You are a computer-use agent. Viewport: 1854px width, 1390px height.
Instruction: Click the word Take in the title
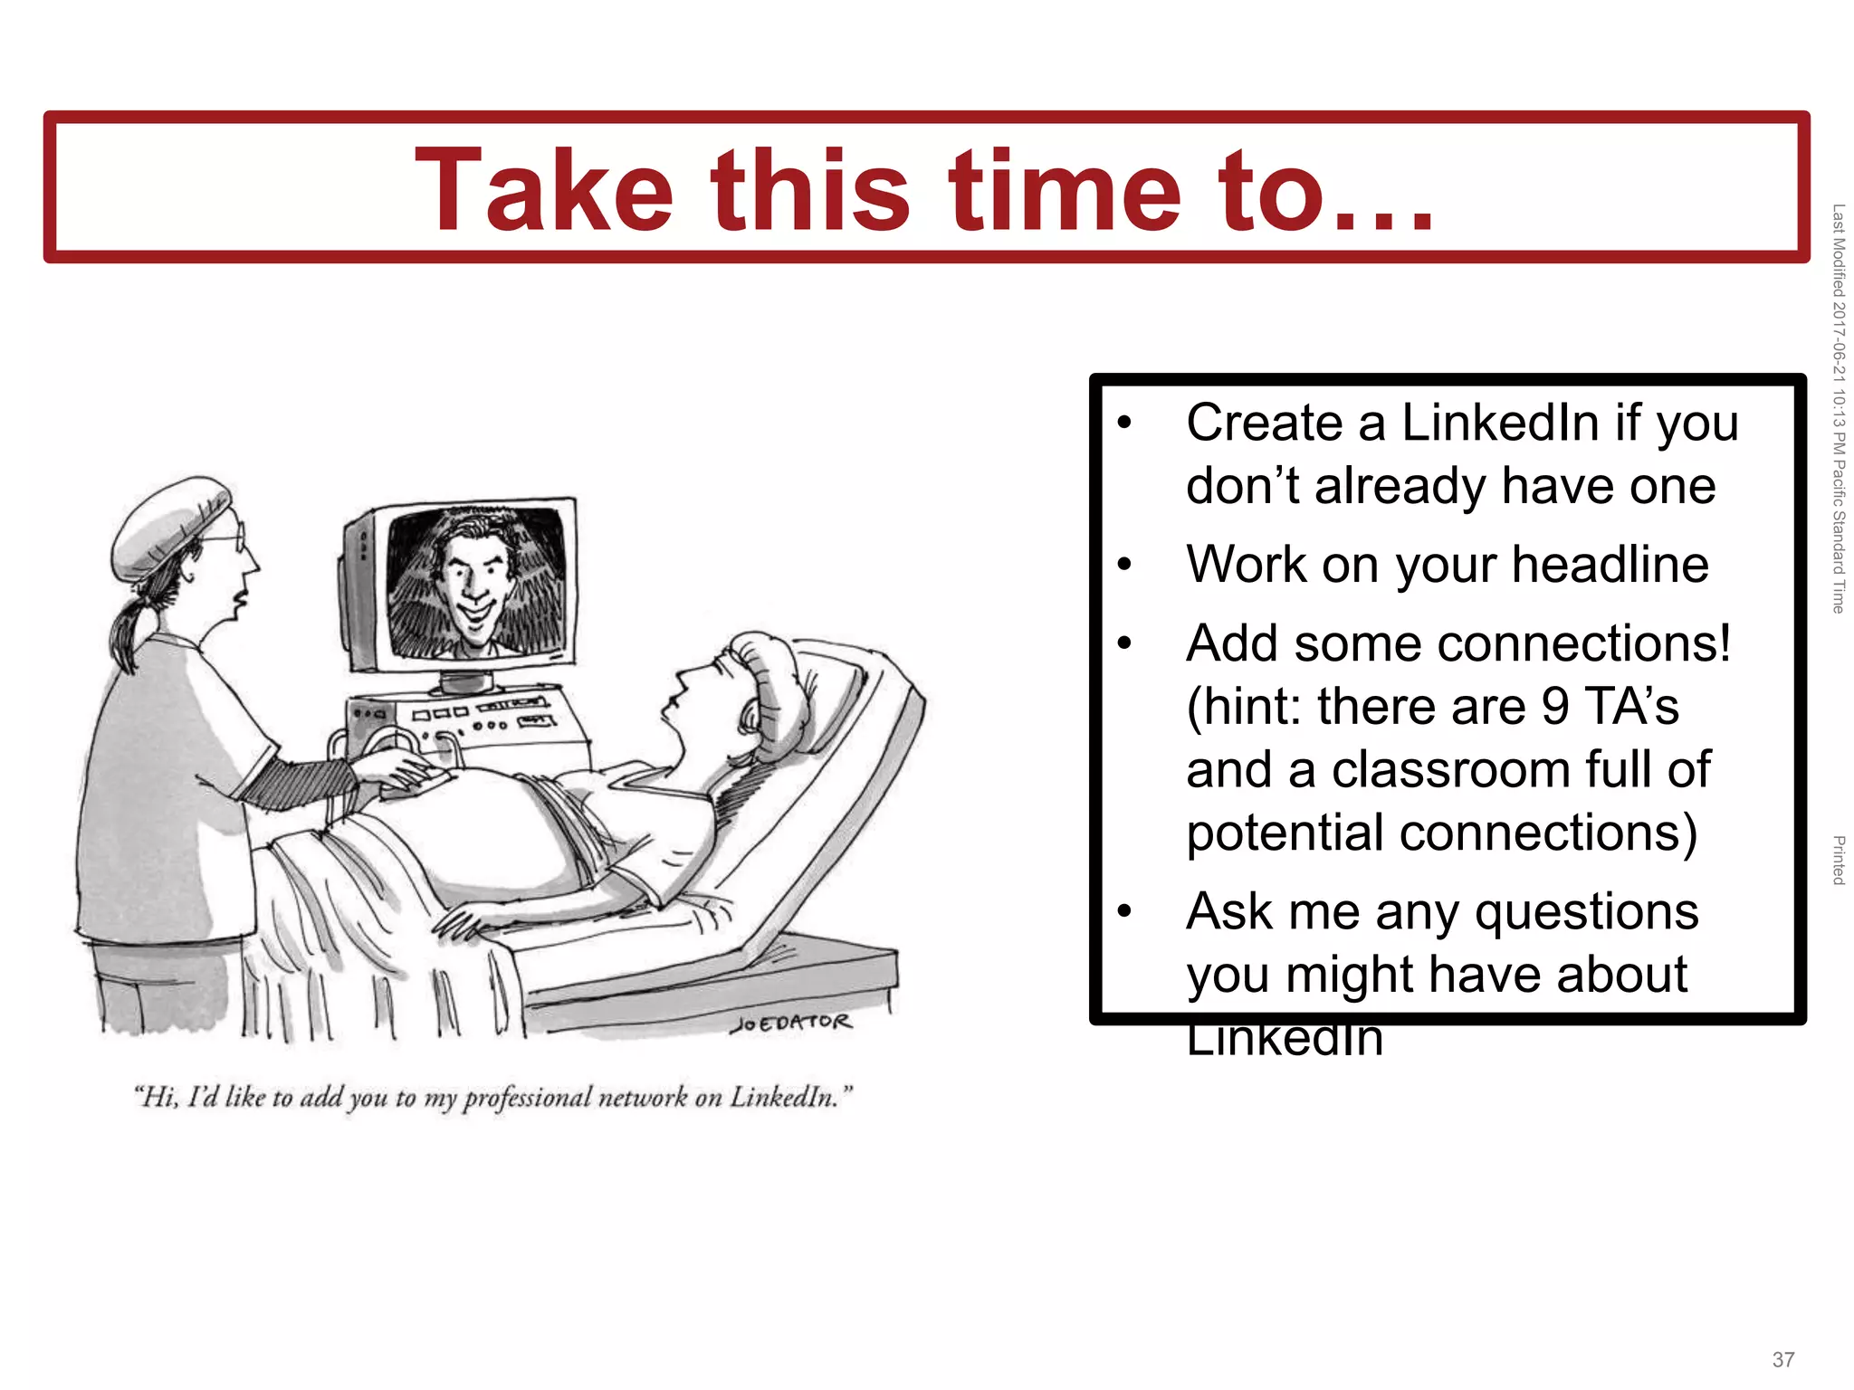tap(543, 192)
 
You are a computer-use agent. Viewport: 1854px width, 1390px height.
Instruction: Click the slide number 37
tap(1783, 1359)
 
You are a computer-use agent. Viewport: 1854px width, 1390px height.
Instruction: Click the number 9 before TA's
tap(1555, 707)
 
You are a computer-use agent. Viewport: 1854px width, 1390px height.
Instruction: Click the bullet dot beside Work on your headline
tap(1124, 566)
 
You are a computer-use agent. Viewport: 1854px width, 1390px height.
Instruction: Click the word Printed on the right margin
tap(1838, 860)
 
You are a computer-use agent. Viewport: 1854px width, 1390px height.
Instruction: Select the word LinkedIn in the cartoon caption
tap(782, 1097)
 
